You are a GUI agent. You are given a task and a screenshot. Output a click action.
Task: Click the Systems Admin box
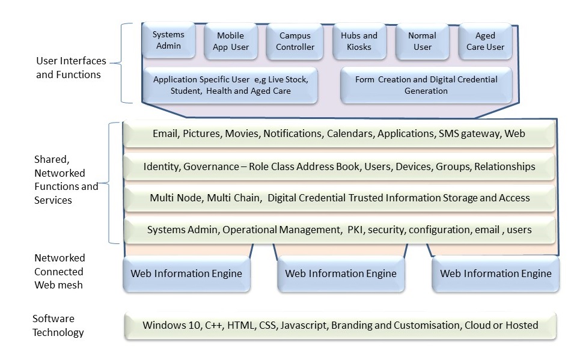click(168, 41)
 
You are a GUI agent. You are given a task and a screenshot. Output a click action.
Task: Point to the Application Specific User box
click(231, 85)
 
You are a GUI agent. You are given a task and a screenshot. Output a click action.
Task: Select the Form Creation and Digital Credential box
click(426, 85)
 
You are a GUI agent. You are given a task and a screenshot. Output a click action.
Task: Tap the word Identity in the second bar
click(161, 166)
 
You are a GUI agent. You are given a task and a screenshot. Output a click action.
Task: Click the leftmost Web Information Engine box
click(186, 274)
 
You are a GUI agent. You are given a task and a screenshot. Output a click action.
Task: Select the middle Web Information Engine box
click(341, 274)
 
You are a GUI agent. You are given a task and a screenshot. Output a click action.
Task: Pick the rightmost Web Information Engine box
click(495, 274)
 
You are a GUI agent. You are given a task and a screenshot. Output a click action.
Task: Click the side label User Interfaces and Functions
click(71, 68)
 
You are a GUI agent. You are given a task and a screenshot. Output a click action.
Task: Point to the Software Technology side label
click(58, 325)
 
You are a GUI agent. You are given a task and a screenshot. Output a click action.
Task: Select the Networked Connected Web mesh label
click(60, 271)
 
